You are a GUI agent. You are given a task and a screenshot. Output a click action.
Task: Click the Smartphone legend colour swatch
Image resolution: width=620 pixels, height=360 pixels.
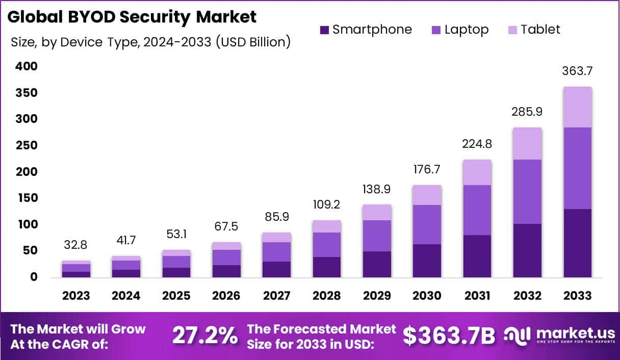(325, 30)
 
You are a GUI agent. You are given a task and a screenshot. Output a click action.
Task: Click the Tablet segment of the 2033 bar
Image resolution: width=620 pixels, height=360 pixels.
(578, 107)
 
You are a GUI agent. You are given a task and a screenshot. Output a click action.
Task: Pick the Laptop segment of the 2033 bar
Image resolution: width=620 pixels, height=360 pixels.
(578, 168)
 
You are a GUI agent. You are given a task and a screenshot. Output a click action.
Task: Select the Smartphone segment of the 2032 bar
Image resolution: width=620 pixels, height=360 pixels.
(528, 250)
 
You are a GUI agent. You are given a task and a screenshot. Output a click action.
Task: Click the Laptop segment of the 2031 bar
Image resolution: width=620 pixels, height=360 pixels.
(478, 210)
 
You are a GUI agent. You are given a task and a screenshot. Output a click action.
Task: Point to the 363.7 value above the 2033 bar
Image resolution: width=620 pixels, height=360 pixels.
(578, 71)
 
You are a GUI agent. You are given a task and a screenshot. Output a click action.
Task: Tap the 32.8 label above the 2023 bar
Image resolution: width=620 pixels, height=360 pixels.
(76, 245)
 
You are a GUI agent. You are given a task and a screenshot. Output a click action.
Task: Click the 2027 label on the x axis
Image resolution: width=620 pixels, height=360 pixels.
(276, 296)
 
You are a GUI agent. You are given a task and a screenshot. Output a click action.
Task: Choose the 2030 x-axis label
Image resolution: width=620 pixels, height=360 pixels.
(427, 296)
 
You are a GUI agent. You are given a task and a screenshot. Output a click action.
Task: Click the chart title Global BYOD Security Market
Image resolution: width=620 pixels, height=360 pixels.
(132, 16)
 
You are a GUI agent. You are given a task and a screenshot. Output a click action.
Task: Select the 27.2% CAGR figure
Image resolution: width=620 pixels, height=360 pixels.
(204, 336)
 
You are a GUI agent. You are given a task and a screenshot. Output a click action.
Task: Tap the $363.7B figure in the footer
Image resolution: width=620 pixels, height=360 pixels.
(449, 336)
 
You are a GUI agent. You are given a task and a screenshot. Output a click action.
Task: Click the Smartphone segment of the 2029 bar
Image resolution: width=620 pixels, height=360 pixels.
(377, 264)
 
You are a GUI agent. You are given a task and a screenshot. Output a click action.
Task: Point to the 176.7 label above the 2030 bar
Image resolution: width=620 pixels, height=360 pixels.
(427, 169)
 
